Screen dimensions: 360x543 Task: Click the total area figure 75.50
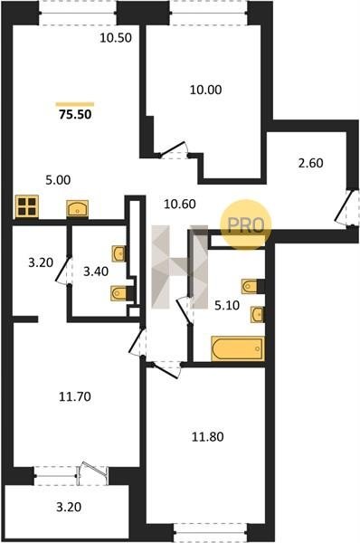coord(75,114)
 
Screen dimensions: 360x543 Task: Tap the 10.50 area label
coord(116,38)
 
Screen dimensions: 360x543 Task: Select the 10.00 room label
coord(205,90)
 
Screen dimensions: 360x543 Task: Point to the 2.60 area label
coord(311,163)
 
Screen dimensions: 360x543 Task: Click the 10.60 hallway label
coord(180,204)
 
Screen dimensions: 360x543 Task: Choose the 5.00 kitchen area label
coord(58,180)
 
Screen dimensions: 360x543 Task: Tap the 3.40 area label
coord(96,271)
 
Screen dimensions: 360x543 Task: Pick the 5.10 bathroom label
coord(227,306)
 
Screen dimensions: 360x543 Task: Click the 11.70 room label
coord(75,396)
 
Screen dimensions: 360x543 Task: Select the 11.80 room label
coord(208,437)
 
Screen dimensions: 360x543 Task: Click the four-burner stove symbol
coord(26,206)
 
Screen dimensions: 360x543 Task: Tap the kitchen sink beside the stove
coord(77,209)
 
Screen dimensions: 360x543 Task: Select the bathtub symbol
coord(238,348)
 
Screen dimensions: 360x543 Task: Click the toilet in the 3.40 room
coord(119,293)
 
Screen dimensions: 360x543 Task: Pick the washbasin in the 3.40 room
coord(118,253)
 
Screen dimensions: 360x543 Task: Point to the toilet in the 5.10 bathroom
coord(251,286)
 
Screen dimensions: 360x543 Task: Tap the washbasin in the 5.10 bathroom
coord(257,315)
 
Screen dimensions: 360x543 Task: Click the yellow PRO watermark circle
coord(246,224)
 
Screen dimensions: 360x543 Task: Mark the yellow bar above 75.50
coord(75,104)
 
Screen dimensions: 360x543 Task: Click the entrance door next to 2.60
coord(344,208)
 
